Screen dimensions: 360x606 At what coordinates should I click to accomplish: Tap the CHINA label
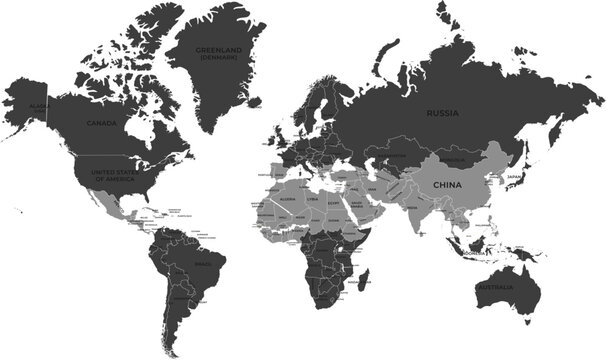coord(447,185)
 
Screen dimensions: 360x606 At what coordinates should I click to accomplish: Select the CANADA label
coord(101,123)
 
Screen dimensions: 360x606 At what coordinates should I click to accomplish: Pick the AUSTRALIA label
coord(496,289)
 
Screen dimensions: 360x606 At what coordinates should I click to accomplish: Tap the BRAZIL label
coord(201,264)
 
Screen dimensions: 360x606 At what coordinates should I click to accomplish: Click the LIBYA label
coord(313,199)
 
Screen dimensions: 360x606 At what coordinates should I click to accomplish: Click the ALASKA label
coord(38,105)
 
